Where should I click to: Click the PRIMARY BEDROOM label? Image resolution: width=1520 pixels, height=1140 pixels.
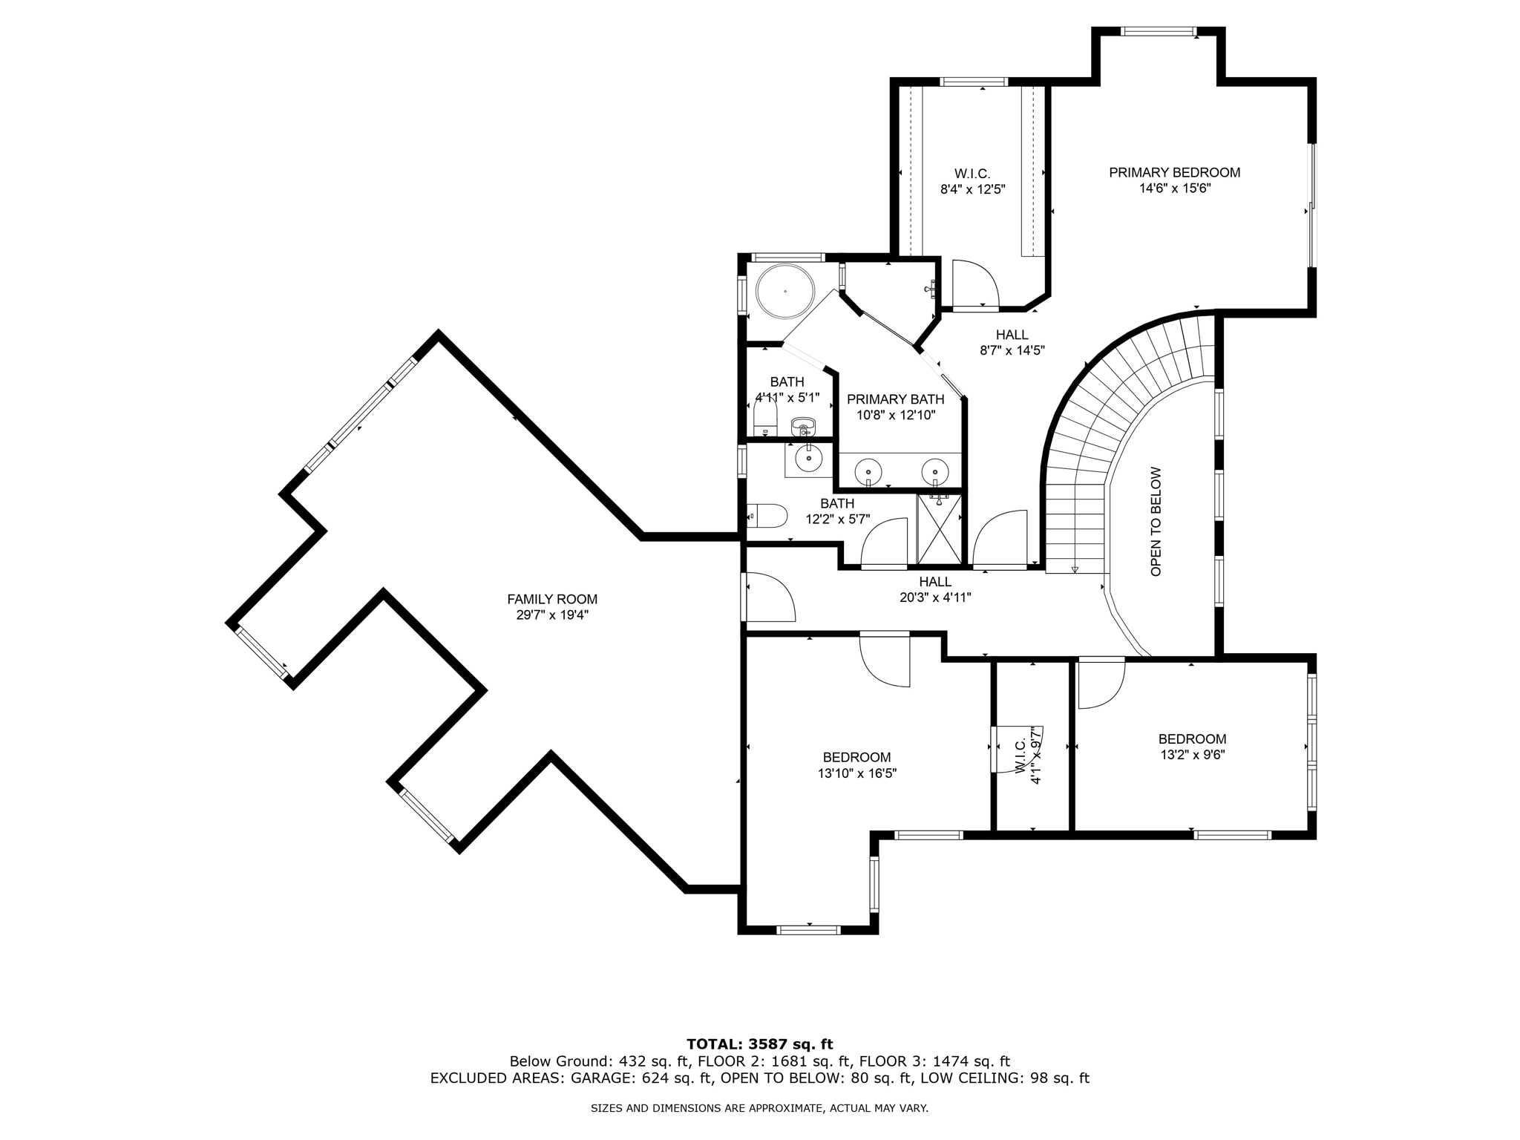pyautogui.click(x=1174, y=172)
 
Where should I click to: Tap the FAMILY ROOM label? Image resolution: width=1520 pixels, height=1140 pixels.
pyautogui.click(x=552, y=599)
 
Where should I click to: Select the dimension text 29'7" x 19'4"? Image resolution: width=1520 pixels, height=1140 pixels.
pyautogui.click(x=552, y=615)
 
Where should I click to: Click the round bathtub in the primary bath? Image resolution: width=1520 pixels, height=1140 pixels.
pyautogui.click(x=784, y=292)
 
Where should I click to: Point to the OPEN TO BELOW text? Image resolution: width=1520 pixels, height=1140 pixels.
pyautogui.click(x=1156, y=522)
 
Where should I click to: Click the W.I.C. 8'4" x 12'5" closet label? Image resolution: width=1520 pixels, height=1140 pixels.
pyautogui.click(x=972, y=181)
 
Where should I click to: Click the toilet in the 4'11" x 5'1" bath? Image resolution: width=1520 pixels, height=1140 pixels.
pyautogui.click(x=764, y=419)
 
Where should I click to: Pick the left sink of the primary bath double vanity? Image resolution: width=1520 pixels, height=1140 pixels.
pyautogui.click(x=868, y=471)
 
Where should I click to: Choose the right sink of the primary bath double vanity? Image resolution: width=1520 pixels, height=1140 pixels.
pyautogui.click(x=934, y=471)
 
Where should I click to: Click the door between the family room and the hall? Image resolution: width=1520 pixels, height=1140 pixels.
pyautogui.click(x=770, y=597)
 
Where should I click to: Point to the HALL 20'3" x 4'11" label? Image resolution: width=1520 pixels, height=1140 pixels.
pyautogui.click(x=935, y=589)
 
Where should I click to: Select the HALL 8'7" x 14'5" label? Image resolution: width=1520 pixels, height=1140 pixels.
pyautogui.click(x=1012, y=342)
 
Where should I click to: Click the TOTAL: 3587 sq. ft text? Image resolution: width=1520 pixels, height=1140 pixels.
pyautogui.click(x=759, y=1044)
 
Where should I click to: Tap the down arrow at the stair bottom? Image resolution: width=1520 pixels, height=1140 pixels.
pyautogui.click(x=1074, y=569)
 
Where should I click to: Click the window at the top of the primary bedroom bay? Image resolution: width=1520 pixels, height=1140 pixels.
pyautogui.click(x=1158, y=31)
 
